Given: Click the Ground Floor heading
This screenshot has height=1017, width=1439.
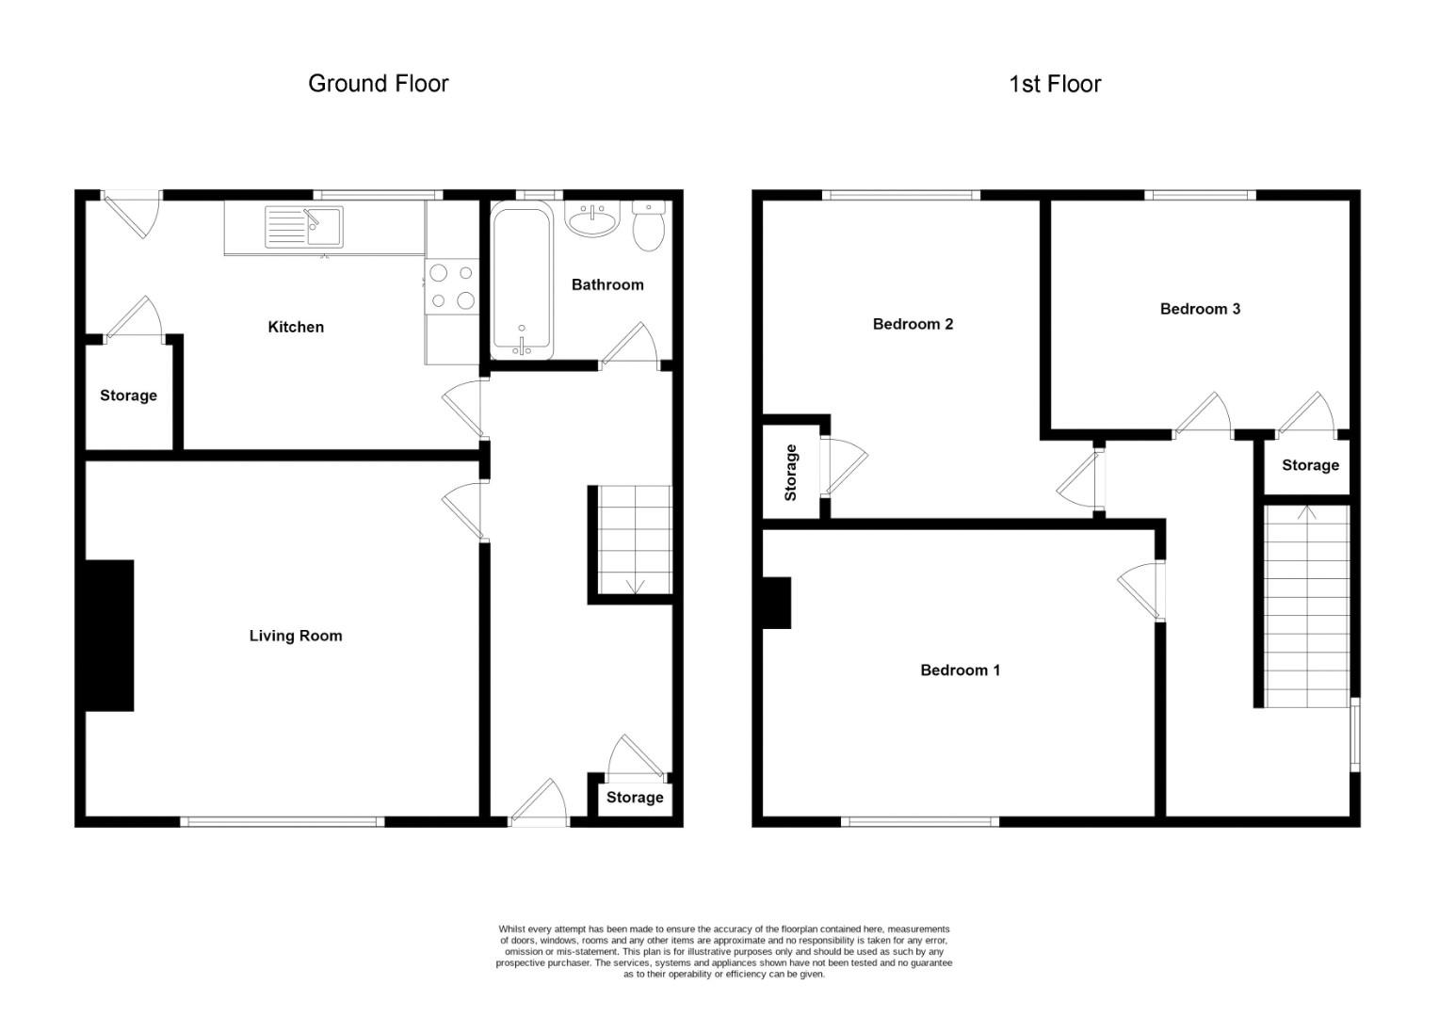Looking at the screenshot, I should tap(379, 84).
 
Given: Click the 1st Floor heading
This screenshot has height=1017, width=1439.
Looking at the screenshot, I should tap(1055, 84).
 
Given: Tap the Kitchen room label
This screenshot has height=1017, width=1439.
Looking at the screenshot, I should tap(296, 327).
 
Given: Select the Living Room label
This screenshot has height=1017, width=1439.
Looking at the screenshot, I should tap(296, 636).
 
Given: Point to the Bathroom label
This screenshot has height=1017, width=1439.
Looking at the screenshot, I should tap(607, 284).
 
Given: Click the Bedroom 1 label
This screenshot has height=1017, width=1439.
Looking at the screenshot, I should tap(960, 670).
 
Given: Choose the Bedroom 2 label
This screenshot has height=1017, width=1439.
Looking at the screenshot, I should tap(913, 324).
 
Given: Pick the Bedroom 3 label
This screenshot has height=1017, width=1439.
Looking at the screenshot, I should tap(1200, 309).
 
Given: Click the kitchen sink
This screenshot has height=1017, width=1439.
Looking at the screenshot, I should tap(304, 227).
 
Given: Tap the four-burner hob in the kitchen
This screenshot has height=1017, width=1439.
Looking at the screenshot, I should tap(452, 287).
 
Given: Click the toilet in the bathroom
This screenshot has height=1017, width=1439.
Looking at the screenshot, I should tap(648, 227).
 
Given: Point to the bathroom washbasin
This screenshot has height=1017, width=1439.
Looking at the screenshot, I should tap(592, 220).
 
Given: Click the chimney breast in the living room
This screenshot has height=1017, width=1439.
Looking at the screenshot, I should tap(109, 635).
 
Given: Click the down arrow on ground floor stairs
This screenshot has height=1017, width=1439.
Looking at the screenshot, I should tap(634, 585).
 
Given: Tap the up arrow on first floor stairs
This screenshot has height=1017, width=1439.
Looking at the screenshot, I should tap(1306, 514).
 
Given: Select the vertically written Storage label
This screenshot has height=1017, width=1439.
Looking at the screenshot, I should tap(790, 472).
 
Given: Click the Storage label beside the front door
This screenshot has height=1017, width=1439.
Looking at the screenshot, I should tap(635, 798).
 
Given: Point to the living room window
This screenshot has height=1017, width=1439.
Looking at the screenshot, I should tap(283, 822).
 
